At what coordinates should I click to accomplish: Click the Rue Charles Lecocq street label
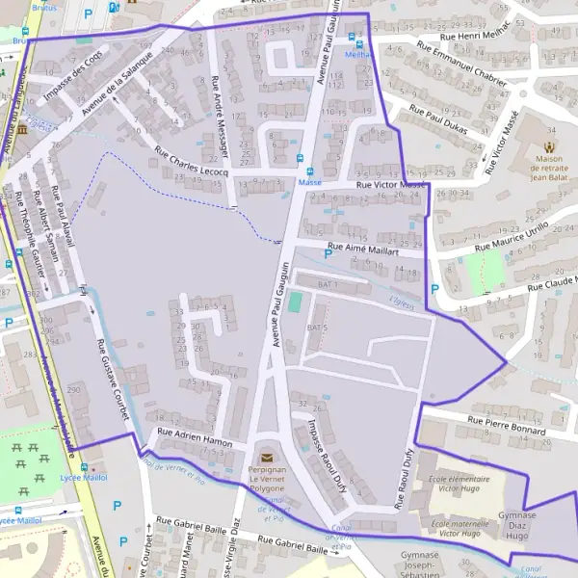coord(191,161)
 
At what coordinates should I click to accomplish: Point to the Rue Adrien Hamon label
coord(196,438)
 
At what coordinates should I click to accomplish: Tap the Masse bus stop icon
coord(299,158)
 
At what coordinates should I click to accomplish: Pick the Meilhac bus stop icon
coord(358,41)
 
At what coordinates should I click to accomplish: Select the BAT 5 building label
coord(317,328)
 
